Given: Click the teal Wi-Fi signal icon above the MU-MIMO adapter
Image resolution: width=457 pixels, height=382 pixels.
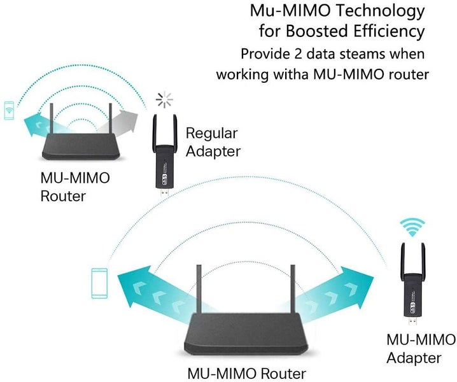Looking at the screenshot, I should [412, 227].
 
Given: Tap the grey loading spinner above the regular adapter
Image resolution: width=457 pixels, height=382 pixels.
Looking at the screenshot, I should [165, 99].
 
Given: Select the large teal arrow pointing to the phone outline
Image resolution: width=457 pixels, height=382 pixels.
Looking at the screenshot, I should [153, 286].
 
